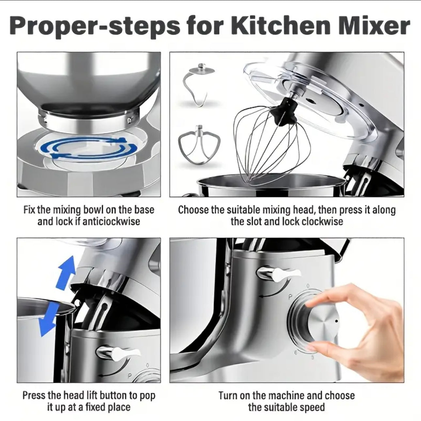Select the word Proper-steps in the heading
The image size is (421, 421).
[95, 26]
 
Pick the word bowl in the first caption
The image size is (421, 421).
[95, 210]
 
